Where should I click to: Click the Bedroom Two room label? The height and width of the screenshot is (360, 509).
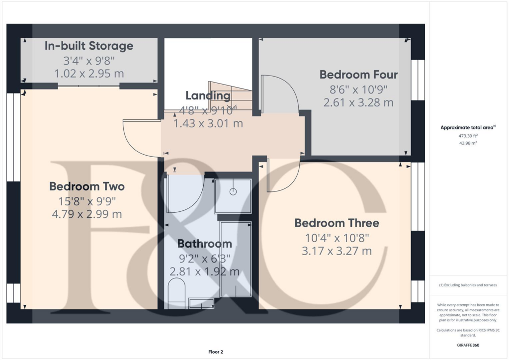(x=86, y=186)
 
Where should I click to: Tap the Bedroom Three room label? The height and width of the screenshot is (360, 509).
(x=337, y=223)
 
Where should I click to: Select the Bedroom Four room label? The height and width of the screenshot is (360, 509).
(x=358, y=75)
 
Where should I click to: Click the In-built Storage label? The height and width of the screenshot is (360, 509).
(x=89, y=46)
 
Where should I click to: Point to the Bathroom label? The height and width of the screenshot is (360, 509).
(x=205, y=244)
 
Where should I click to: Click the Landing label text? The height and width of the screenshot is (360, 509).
(x=208, y=95)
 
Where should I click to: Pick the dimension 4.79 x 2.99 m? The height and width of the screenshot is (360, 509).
(x=86, y=214)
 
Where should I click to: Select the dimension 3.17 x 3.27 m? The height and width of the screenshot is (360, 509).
(x=337, y=251)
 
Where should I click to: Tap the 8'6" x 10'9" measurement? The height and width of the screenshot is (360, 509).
(x=358, y=90)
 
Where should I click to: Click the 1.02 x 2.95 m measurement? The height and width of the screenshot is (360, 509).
(x=89, y=74)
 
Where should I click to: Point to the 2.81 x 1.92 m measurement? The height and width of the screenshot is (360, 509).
(x=205, y=271)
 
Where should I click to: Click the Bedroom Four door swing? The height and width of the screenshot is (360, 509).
(x=281, y=94)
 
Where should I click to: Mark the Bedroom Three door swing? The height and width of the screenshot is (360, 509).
(x=283, y=177)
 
